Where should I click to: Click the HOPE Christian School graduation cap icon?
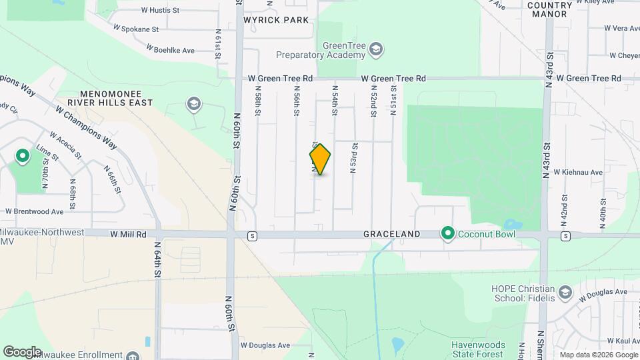pyautogui.click(x=565, y=292)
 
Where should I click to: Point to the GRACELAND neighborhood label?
pyautogui.click(x=391, y=235)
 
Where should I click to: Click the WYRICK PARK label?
pyautogui.click(x=276, y=20)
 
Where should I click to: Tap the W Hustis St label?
pyautogui.click(x=161, y=11)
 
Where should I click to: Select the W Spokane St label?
pyautogui.click(x=136, y=29)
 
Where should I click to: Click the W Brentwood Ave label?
pyautogui.click(x=34, y=211)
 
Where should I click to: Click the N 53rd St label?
pyautogui.click(x=354, y=158)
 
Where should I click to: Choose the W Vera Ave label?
pyautogui.click(x=621, y=29)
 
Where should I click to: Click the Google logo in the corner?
pyautogui.click(x=22, y=351)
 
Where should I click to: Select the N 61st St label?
pyautogui.click(x=218, y=45)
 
